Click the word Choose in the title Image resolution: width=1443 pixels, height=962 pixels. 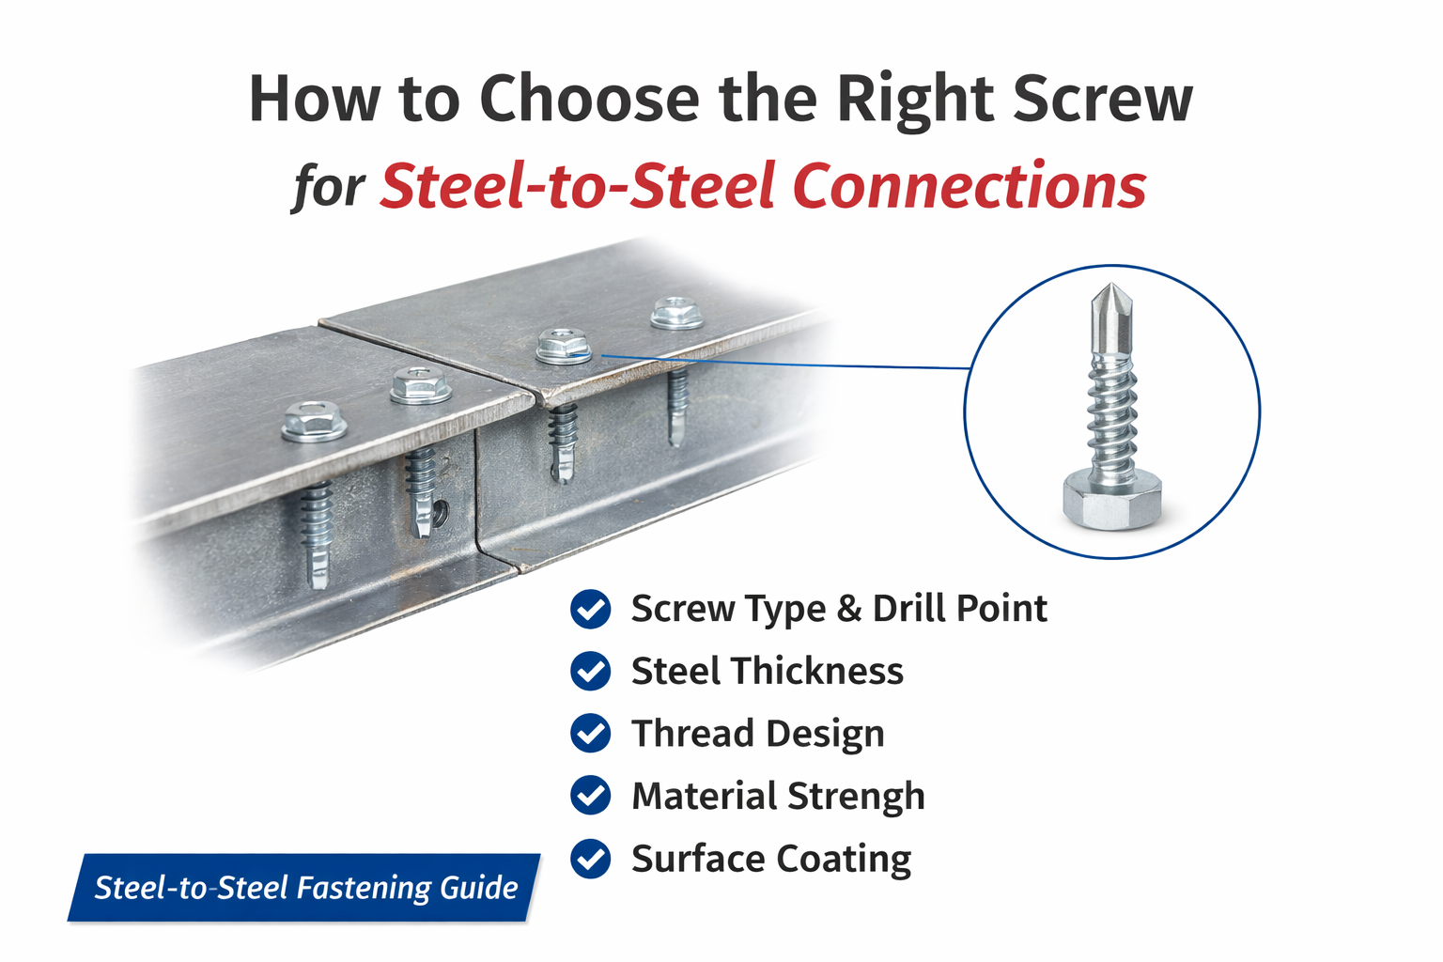coord(589,99)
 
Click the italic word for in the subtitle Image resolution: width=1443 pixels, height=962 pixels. coord(328,185)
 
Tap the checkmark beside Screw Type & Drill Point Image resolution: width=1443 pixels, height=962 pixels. coord(591,609)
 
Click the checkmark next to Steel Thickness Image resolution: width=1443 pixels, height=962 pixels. coord(591,672)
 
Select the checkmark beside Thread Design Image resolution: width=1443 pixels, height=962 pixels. coord(591,734)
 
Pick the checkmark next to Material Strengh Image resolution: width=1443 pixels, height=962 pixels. coord(591,796)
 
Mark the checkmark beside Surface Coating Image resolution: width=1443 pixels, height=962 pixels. coord(591,859)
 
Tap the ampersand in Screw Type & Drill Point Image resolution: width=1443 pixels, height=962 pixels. coord(848,609)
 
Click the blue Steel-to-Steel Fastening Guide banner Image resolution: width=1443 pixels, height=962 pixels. coord(305,888)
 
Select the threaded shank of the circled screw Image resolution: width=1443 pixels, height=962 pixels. coord(1112,413)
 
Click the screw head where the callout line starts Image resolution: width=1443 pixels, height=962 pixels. coord(564,347)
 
